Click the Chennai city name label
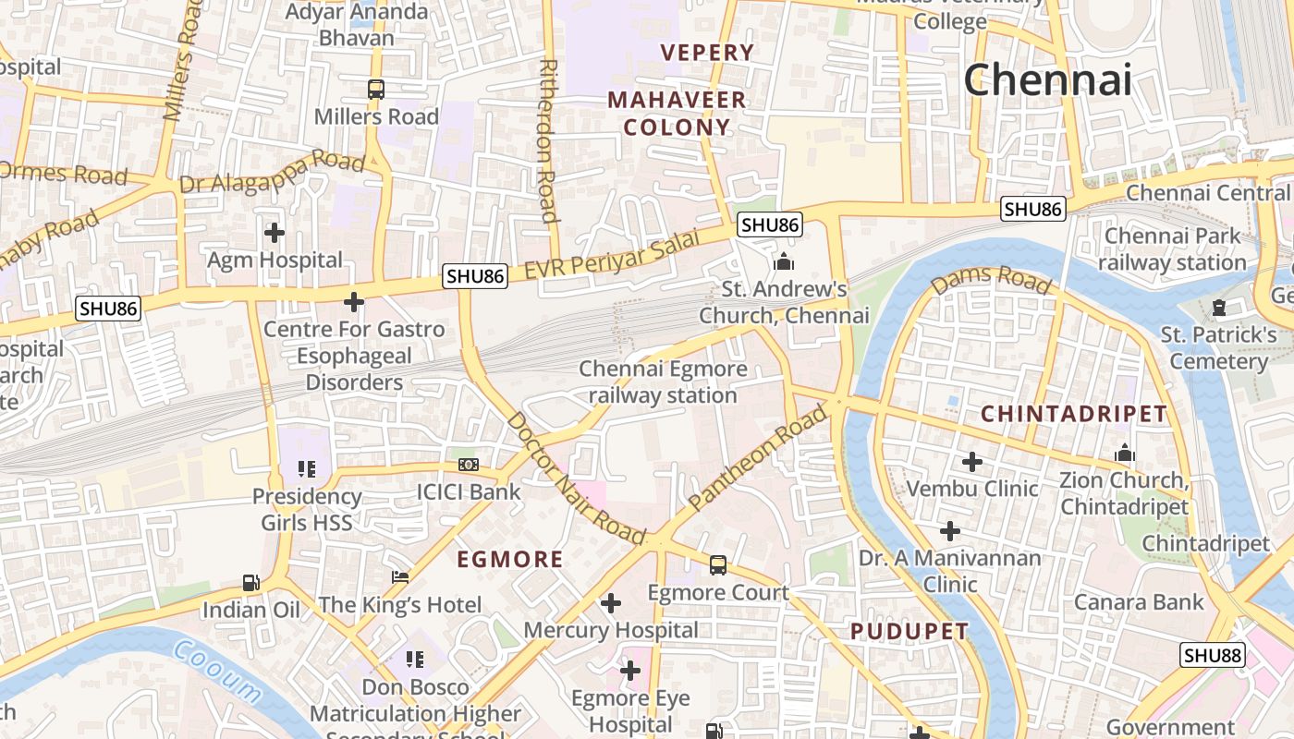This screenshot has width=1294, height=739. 1047,80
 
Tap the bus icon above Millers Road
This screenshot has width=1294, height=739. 375,90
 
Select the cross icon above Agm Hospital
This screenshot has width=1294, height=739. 275,233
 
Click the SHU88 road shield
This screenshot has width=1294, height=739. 1213,655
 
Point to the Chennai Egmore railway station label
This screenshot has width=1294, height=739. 663,382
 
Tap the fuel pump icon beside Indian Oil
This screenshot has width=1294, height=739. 250,583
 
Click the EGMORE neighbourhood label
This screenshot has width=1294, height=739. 510,559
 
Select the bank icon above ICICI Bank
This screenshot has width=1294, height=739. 469,465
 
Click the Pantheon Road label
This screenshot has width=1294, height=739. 757,459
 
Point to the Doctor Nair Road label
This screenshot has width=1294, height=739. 576,479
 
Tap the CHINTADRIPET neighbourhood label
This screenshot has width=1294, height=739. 1074,413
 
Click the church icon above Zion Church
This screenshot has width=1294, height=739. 1125,453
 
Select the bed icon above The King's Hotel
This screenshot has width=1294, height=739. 400,577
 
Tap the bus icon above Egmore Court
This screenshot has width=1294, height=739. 717,565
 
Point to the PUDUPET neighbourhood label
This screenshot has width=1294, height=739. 909,632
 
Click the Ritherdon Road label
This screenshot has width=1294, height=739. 548,141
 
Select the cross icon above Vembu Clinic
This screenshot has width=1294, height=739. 971,461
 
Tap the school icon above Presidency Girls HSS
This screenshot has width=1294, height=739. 306,469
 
